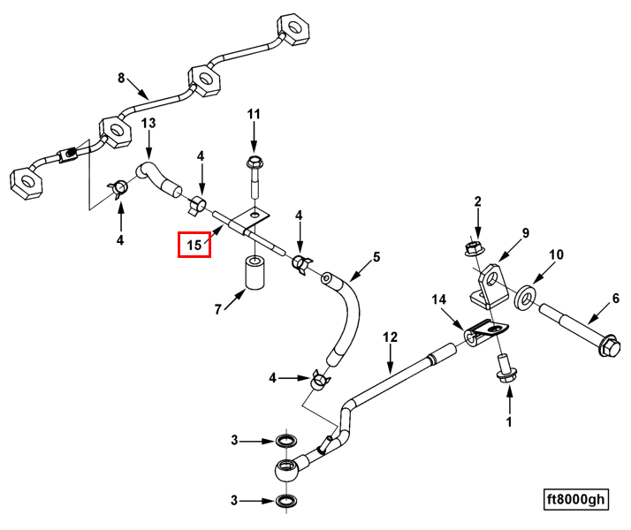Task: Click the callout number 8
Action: pos(122,78)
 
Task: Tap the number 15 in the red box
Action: pos(194,244)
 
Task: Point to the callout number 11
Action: pos(254,114)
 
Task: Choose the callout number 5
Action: pos(376,257)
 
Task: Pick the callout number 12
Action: pos(391,337)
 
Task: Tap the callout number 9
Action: pos(525,233)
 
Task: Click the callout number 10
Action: pos(555,255)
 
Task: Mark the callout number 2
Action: pos(477,202)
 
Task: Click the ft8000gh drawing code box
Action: pos(576,499)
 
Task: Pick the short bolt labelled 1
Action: pos(506,369)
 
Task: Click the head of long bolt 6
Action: pos(608,344)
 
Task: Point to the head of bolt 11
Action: pos(255,163)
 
